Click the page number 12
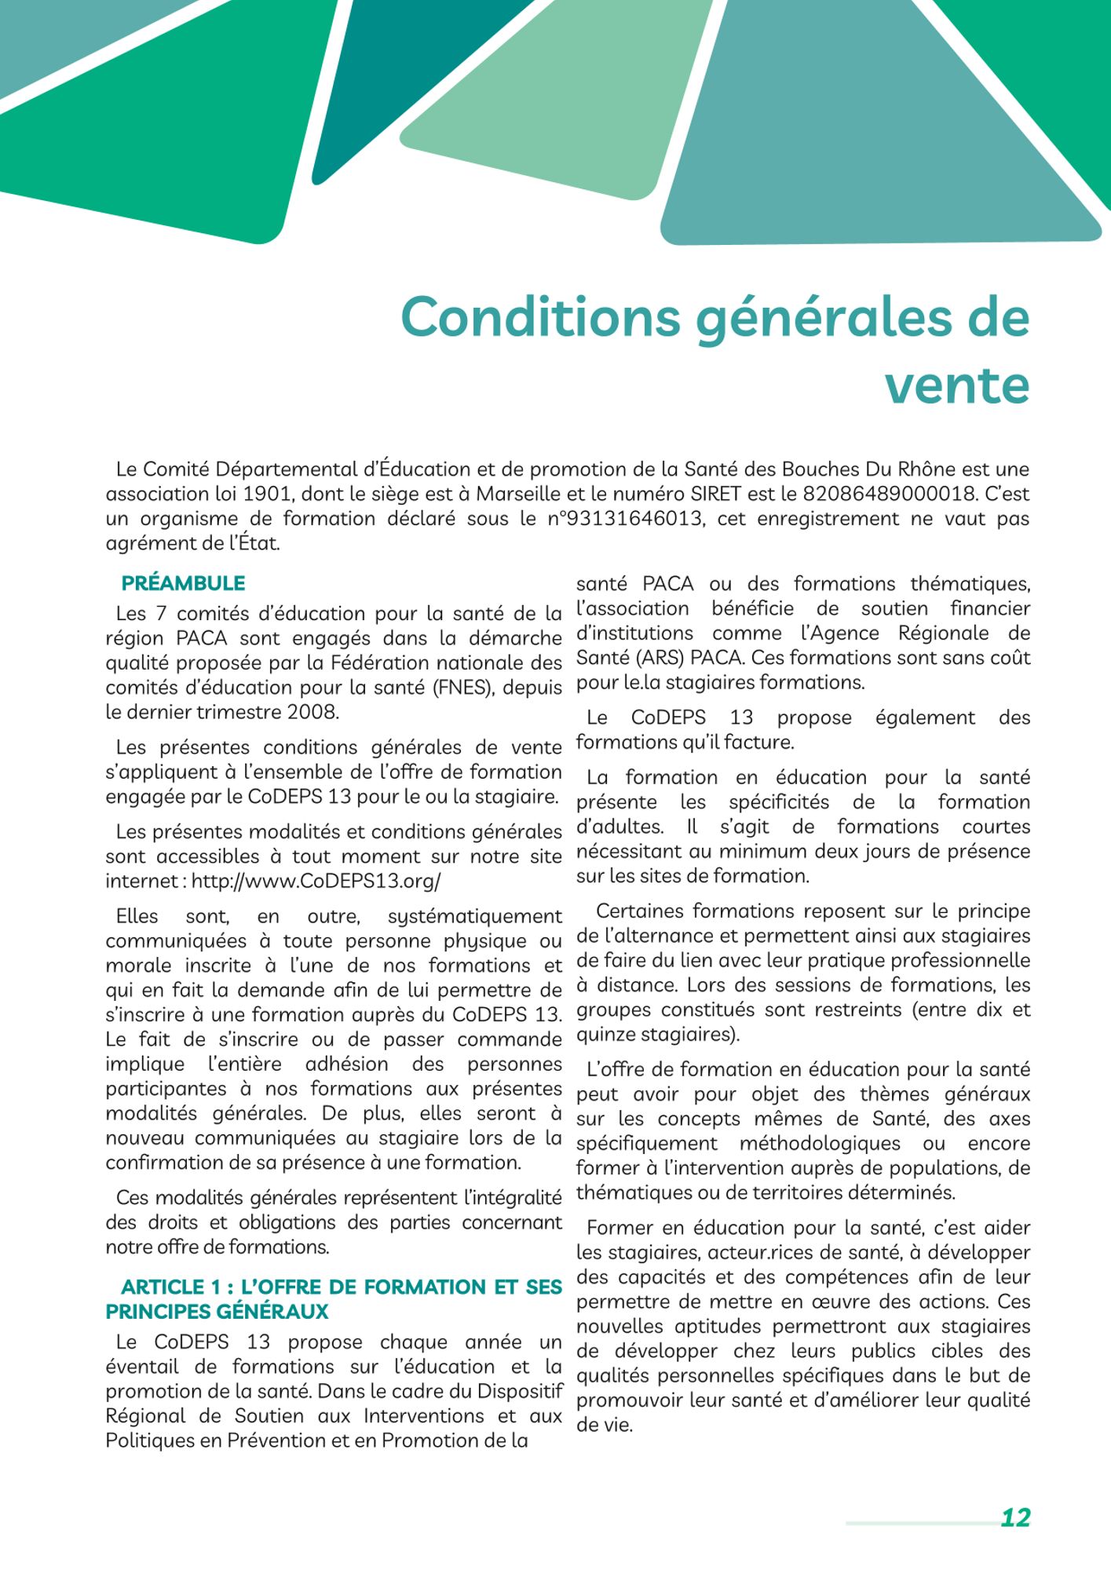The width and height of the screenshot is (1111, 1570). click(1015, 1517)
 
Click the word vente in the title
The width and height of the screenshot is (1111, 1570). click(957, 385)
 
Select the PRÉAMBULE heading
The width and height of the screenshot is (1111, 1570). click(183, 583)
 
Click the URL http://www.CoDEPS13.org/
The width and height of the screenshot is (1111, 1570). click(316, 881)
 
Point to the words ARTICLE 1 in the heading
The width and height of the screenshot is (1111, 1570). click(171, 1287)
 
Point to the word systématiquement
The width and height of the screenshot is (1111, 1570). click(474, 916)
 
